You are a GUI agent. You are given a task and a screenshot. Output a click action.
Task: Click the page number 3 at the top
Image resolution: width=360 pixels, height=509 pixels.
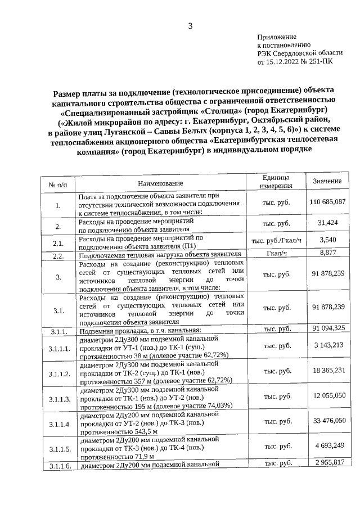pyautogui.click(x=190, y=26)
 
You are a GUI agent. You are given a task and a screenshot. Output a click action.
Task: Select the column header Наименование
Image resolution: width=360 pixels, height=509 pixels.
pyautogui.click(x=160, y=184)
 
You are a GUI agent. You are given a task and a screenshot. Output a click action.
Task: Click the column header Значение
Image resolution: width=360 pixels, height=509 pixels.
pyautogui.click(x=327, y=181)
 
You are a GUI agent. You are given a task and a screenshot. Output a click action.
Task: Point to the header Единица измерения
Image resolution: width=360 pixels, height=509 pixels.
pyautogui.click(x=276, y=181)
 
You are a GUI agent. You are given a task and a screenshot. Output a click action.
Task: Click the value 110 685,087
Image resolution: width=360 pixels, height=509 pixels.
pyautogui.click(x=327, y=201)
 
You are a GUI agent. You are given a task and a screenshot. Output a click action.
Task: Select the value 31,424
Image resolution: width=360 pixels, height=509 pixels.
pyautogui.click(x=327, y=223)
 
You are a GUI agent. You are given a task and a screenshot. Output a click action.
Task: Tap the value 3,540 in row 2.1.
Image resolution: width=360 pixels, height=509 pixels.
pyautogui.click(x=327, y=240)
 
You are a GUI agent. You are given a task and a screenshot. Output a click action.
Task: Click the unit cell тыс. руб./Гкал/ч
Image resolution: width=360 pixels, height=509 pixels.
pyautogui.click(x=276, y=241)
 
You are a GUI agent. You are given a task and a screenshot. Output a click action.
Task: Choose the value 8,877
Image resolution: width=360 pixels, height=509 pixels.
pyautogui.click(x=327, y=253)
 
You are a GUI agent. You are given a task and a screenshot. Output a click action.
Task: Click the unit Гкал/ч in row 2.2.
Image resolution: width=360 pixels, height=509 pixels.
pyautogui.click(x=276, y=253)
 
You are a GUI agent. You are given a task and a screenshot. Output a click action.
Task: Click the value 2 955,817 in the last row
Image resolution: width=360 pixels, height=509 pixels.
pyautogui.click(x=327, y=462)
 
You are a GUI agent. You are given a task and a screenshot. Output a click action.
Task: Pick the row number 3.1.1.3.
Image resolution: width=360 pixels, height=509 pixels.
pyautogui.click(x=60, y=399)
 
